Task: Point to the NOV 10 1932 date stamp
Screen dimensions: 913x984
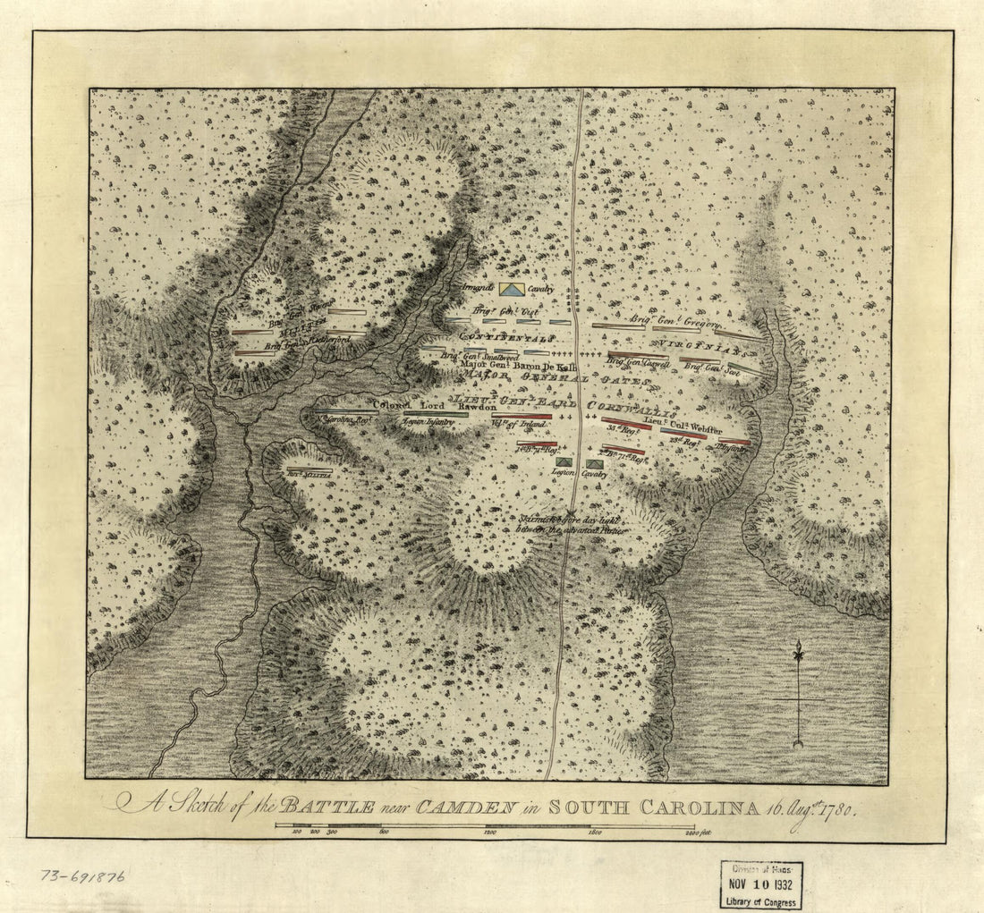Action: [x=761, y=884]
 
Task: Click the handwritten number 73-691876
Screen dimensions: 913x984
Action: [x=81, y=875]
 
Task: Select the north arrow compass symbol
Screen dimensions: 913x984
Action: [x=798, y=693]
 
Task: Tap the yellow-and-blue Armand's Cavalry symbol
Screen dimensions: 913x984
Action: [x=513, y=289]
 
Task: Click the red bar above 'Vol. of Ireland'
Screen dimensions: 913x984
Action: [x=521, y=416]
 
